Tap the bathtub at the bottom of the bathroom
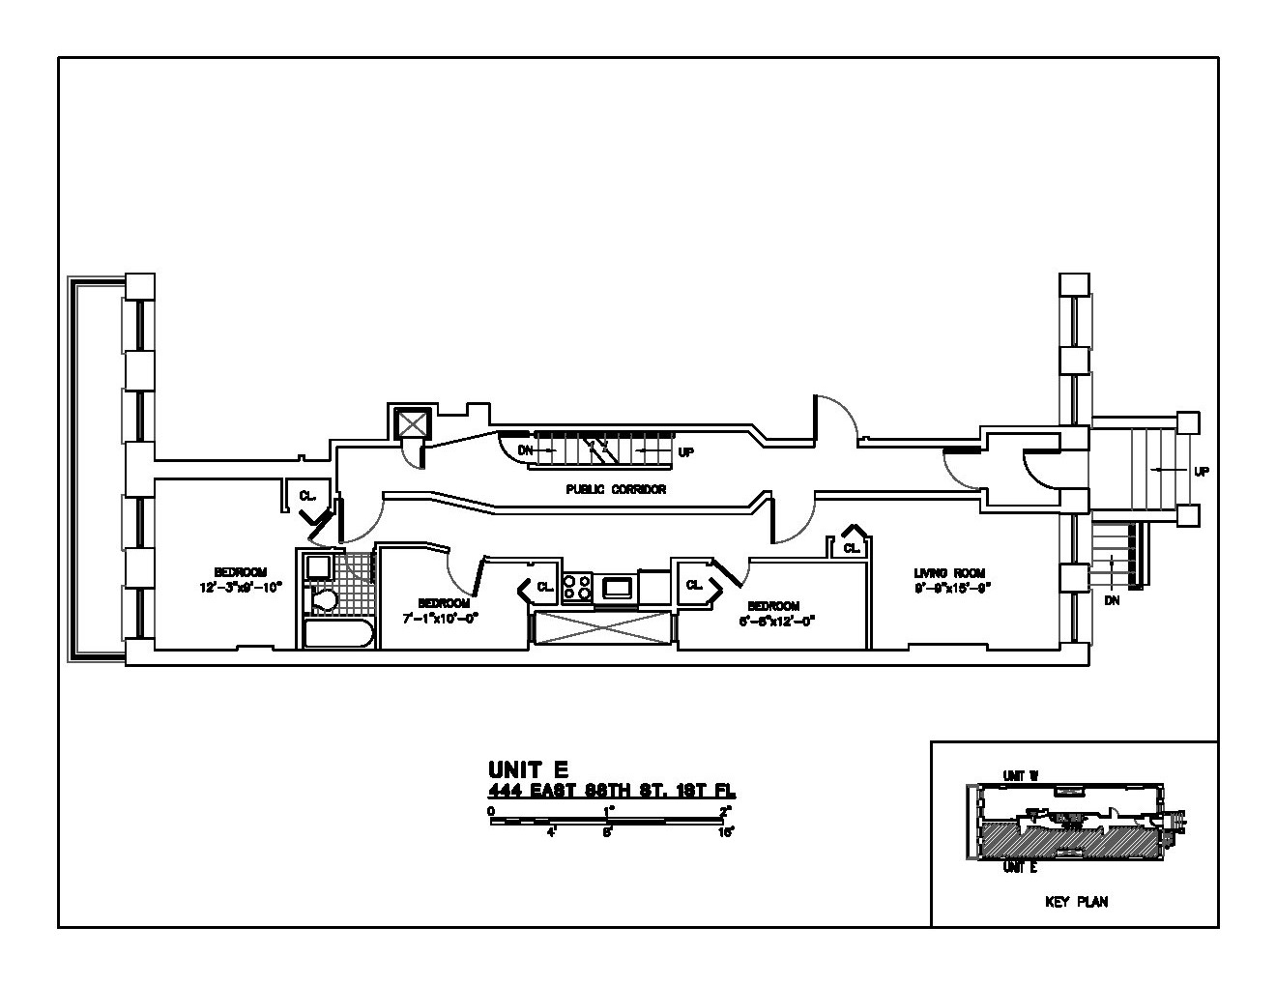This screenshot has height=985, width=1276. tap(338, 635)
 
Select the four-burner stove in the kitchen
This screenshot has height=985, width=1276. tap(578, 587)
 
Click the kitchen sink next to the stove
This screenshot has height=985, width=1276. tap(617, 586)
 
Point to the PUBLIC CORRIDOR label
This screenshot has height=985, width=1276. tap(616, 490)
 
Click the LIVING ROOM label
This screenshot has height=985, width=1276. tap(949, 573)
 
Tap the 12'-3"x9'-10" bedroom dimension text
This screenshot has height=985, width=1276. tap(241, 587)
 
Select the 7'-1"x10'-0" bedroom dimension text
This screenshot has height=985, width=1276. tap(441, 617)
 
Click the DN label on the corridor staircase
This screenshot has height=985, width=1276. tap(526, 450)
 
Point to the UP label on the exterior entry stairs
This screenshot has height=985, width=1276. tap(1201, 472)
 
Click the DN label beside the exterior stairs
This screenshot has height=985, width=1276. tap(1113, 599)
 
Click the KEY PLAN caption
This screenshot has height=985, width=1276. tap(1076, 902)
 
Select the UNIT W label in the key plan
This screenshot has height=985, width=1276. tap(1020, 775)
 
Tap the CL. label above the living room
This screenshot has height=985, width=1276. tap(851, 548)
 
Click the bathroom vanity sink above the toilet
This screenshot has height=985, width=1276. tap(318, 566)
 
